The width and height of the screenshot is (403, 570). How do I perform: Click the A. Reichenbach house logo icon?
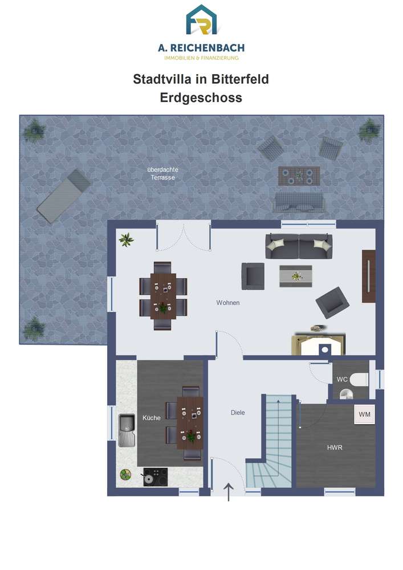[201, 19]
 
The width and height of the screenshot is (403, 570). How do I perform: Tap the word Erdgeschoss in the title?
[201, 97]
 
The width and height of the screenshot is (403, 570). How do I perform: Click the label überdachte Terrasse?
[163, 173]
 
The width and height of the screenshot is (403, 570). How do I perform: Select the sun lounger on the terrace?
[64, 196]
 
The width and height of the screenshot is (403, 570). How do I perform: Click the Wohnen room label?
[228, 303]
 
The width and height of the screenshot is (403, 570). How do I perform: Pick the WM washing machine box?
[364, 414]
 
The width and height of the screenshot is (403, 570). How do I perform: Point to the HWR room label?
[335, 447]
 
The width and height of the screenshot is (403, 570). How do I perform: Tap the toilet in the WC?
[360, 380]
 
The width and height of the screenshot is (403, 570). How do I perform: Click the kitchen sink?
[127, 430]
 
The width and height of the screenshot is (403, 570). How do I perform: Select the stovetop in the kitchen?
[155, 477]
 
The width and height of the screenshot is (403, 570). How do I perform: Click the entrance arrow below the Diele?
[228, 492]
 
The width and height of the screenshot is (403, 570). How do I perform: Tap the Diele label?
[238, 413]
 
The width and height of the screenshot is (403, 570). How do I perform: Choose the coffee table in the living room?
[296, 276]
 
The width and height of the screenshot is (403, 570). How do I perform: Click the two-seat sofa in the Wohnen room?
[299, 246]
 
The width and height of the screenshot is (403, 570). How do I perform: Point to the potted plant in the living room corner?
[126, 239]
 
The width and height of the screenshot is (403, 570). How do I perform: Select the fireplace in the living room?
[318, 344]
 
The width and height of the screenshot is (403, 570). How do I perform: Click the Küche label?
[152, 418]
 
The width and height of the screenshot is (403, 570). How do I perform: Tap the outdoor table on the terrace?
[299, 176]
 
